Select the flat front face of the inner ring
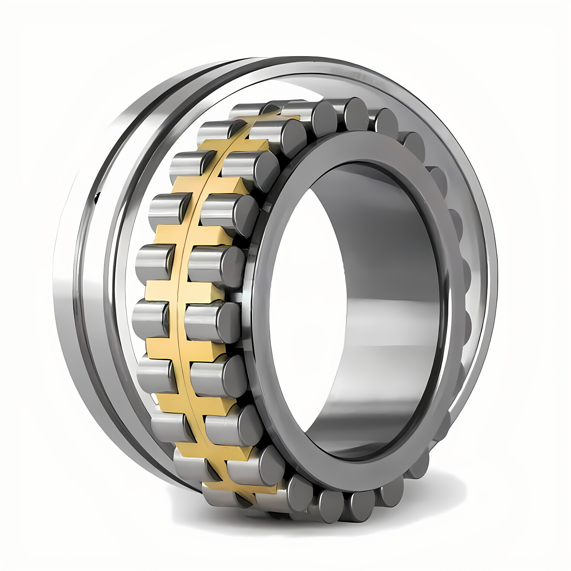tap(372, 149)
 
